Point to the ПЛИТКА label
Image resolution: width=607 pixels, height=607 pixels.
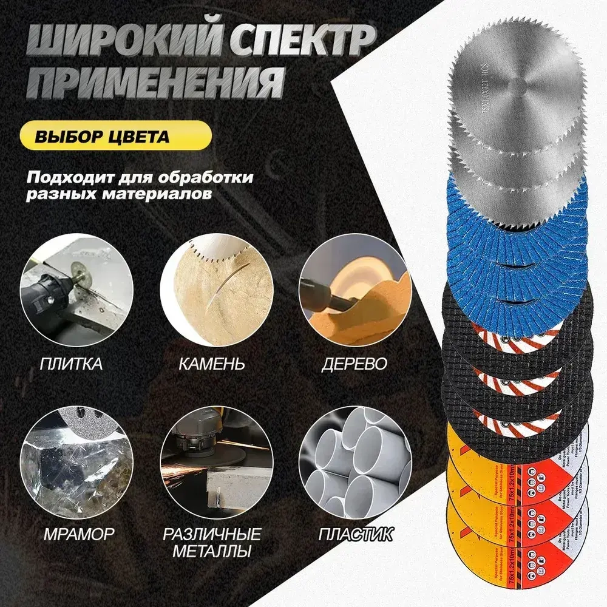pyautogui.click(x=71, y=364)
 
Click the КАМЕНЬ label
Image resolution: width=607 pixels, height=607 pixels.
pyautogui.click(x=212, y=364)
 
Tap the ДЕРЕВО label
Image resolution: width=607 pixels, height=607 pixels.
pyautogui.click(x=354, y=364)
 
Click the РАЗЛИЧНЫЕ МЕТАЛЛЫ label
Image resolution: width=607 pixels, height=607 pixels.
pyautogui.click(x=212, y=543)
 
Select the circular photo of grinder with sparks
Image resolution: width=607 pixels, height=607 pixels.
pyautogui.click(x=212, y=467)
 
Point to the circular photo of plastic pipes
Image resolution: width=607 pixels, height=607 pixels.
pyautogui.click(x=354, y=467)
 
